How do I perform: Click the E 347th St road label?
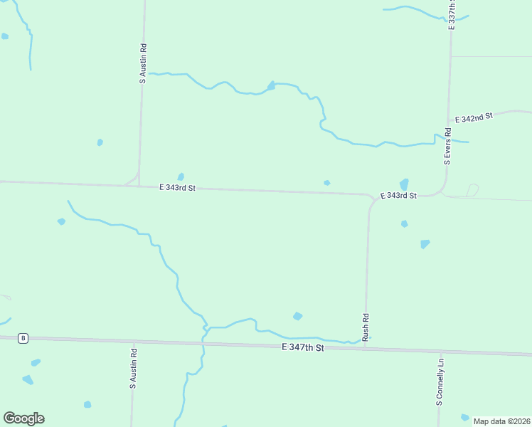point(302,347)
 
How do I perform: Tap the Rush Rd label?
point(366,327)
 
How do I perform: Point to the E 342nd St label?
point(474,118)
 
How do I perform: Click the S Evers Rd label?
point(448,146)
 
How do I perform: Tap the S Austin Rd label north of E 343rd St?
point(143,64)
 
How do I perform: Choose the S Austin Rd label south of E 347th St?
point(133,368)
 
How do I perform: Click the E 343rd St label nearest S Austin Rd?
point(176,188)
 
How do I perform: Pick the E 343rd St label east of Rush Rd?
point(398,195)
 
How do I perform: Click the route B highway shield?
point(23,338)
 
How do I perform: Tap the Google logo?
point(23,418)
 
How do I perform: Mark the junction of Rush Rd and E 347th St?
point(366,349)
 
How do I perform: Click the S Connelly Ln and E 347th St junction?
point(441,352)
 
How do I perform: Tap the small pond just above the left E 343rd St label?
point(181,176)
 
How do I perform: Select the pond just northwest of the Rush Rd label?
point(297,316)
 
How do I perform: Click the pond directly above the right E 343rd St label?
point(404,184)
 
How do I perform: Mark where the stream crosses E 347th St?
point(203,342)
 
